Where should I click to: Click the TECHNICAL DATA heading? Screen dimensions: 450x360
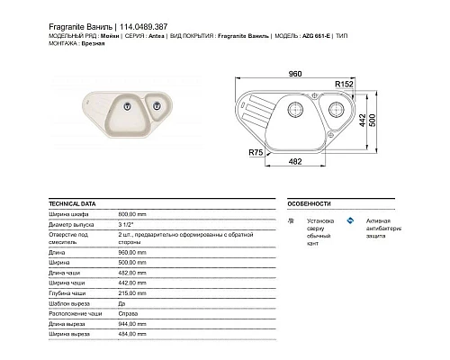73,204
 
